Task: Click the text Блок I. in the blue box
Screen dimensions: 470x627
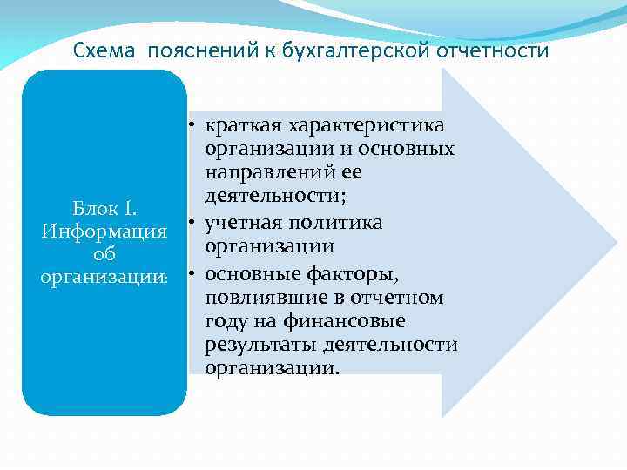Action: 104,209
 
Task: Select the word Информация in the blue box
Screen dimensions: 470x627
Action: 104,232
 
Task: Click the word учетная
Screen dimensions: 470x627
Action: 246,224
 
